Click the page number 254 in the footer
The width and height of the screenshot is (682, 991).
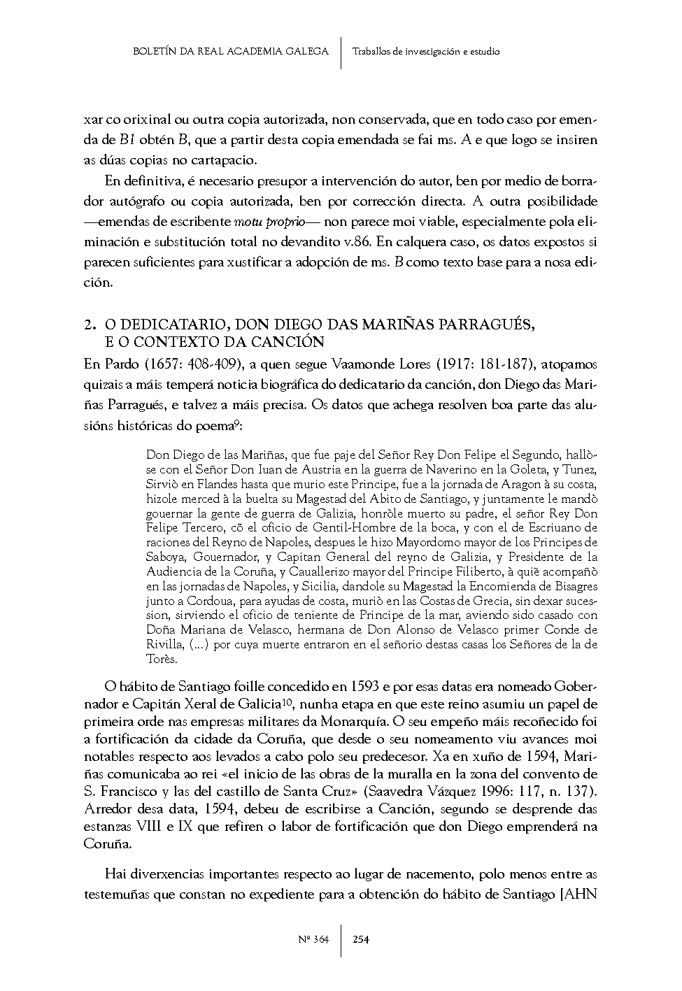360,939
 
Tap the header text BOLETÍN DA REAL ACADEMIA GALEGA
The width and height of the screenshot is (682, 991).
230,51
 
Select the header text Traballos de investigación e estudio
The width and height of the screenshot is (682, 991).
426,51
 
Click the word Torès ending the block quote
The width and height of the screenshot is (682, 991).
162,659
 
